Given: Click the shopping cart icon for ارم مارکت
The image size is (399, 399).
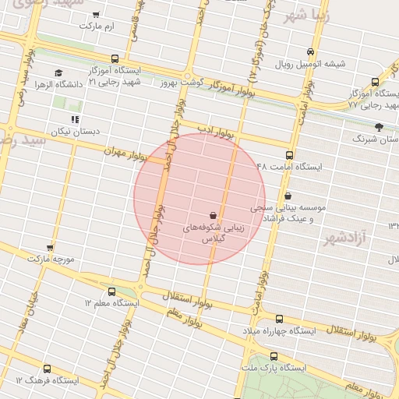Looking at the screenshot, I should coord(96,15).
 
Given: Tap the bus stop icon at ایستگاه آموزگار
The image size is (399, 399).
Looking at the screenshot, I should coord(115,58).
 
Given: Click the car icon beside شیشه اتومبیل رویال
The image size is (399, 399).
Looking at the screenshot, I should coord(311,52).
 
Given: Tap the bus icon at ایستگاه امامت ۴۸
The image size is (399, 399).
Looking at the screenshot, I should coord(290,156).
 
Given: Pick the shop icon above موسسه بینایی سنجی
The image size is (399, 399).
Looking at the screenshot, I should coord(289,196).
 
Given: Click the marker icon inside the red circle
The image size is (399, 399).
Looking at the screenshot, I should coord(213,214).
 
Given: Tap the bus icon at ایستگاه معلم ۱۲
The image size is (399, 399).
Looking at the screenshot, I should coord(111,291).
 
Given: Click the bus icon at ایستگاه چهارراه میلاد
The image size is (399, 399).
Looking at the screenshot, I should coord(279,319).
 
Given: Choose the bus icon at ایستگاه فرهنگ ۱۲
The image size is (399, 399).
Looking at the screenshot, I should coord(47,369).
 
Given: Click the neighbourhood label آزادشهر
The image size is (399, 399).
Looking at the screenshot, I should coord(344,237).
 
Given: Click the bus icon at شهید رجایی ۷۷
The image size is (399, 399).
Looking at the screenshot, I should coord(376,81).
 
